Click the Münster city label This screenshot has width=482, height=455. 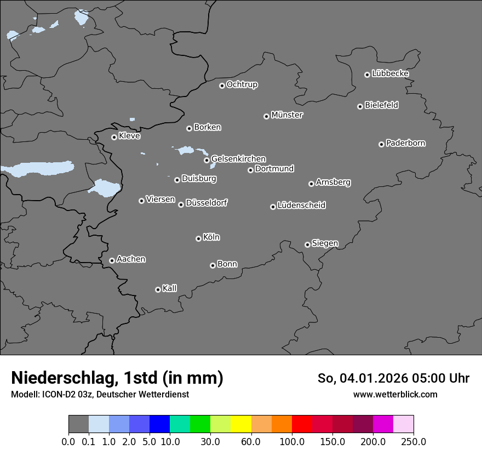[286, 115]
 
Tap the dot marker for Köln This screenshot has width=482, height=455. [198, 238]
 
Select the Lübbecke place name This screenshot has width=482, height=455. [390, 73]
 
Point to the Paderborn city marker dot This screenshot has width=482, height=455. [381, 144]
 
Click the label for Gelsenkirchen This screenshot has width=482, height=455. [238, 159]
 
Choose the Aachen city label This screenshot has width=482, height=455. [131, 259]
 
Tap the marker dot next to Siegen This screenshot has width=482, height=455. [307, 244]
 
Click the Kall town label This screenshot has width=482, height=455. [169, 288]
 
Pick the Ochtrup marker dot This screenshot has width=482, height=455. [222, 86]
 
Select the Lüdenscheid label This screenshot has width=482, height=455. [301, 206]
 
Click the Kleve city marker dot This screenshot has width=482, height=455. [114, 137]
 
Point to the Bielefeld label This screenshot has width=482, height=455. [381, 105]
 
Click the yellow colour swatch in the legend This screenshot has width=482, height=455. [241, 424]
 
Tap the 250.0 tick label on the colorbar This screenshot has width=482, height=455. [414, 442]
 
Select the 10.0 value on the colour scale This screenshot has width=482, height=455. [170, 442]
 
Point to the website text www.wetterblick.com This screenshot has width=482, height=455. [395, 395]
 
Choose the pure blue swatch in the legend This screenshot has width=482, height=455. [159, 424]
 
